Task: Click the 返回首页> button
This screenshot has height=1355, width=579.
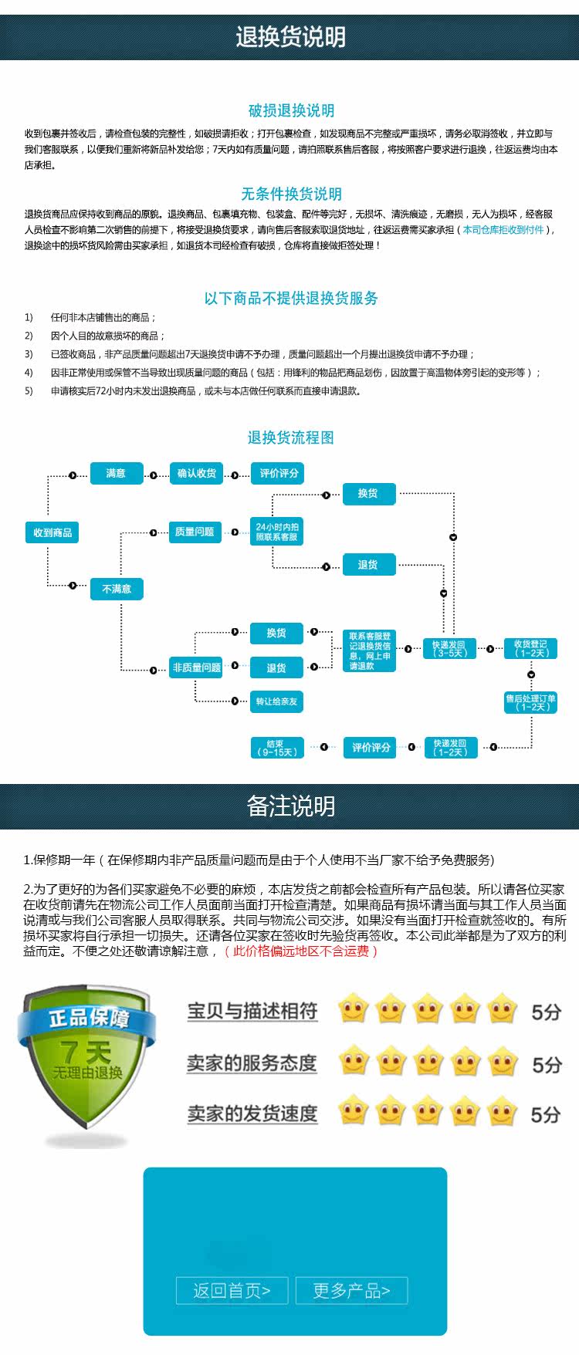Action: (232, 1291)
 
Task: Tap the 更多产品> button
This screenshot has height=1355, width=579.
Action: (351, 1291)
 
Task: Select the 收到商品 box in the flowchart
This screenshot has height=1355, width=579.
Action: (52, 532)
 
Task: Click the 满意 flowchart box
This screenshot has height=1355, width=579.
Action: (116, 473)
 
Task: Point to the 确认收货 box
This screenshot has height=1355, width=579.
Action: (197, 473)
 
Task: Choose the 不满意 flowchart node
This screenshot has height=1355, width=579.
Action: (117, 589)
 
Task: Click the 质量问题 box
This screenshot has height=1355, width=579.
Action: (195, 532)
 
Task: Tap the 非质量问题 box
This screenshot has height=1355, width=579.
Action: (196, 667)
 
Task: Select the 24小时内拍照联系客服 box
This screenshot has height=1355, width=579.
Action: (277, 532)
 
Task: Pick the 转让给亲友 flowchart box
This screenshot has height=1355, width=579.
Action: (276, 701)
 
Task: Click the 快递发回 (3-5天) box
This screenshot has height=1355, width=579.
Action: (449, 648)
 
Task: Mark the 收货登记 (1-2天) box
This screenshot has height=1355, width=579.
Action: (530, 648)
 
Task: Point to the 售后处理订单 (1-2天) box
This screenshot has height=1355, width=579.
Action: (530, 702)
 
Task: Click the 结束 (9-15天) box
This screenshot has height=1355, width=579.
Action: (276, 747)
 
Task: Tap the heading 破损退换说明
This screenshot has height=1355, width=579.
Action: (291, 110)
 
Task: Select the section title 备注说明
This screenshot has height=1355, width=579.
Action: (290, 806)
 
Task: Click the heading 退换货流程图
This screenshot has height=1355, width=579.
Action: (290, 438)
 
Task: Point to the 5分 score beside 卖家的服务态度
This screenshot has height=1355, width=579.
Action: (546, 1065)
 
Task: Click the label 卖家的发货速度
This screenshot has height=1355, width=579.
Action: (252, 1113)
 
